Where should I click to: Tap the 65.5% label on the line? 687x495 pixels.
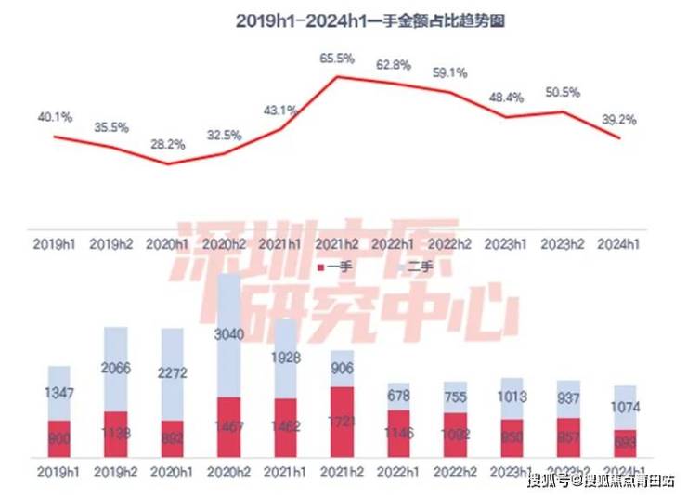[338, 58]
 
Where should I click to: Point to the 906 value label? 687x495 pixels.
[342, 370]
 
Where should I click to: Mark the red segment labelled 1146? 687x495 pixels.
[398, 434]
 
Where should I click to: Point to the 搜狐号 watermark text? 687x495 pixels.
[549, 480]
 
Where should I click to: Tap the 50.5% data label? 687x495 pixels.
[564, 93]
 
